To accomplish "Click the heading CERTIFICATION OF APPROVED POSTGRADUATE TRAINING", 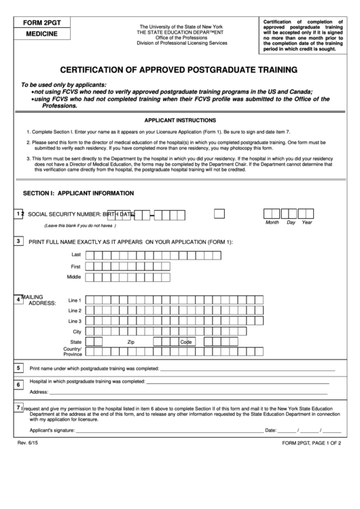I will point(179,70).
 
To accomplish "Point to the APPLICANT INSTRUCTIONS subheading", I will point(179,119).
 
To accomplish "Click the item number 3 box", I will point(19,241).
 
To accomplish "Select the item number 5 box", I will point(18,368).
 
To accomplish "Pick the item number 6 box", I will point(18,385).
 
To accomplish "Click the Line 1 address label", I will point(75,300).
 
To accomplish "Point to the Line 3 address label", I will point(75,321).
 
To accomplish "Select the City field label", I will point(77,331).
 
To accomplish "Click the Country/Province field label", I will point(73,351).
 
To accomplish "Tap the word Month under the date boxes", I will point(272,222).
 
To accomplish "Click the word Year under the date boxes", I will point(307,222).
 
